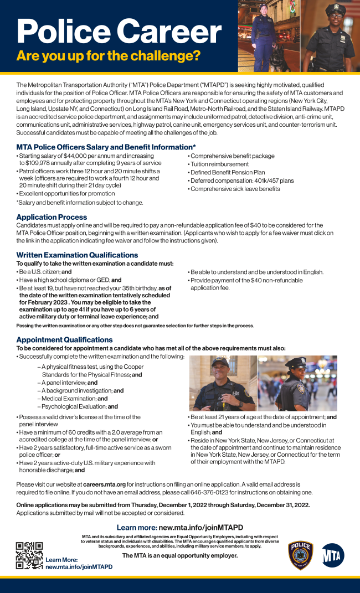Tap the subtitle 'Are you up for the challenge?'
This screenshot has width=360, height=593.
[108, 56]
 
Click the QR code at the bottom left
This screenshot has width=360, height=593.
[29, 555]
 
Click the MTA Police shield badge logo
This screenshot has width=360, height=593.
[301, 555]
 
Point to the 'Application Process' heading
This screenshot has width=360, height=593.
[52, 217]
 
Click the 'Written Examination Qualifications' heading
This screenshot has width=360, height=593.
[77, 255]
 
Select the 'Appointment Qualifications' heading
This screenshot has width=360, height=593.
[64, 339]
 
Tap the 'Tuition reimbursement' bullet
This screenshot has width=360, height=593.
[219, 164]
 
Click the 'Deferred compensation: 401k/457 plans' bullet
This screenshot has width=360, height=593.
[241, 181]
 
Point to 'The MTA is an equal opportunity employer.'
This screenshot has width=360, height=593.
[179, 555]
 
